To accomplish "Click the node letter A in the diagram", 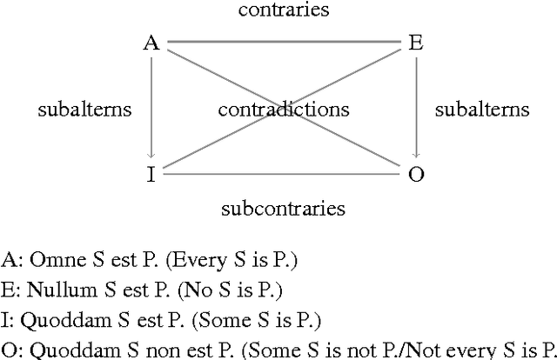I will pos(151,43).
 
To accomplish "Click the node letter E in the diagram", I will pos(416,43).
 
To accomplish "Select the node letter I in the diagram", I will pos(151,174).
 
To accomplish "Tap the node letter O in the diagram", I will pos(416,174).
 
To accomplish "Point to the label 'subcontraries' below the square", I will pos(284,209).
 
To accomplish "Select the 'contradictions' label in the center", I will pos(284,110).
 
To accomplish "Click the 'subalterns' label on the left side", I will pos(85,110).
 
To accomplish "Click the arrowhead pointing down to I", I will pos(151,157).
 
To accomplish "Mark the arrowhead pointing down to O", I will pos(416,157).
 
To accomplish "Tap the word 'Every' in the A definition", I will pos(178,259).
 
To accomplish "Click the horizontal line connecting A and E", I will pos(284,41).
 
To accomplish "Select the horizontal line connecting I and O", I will pos(284,174).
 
